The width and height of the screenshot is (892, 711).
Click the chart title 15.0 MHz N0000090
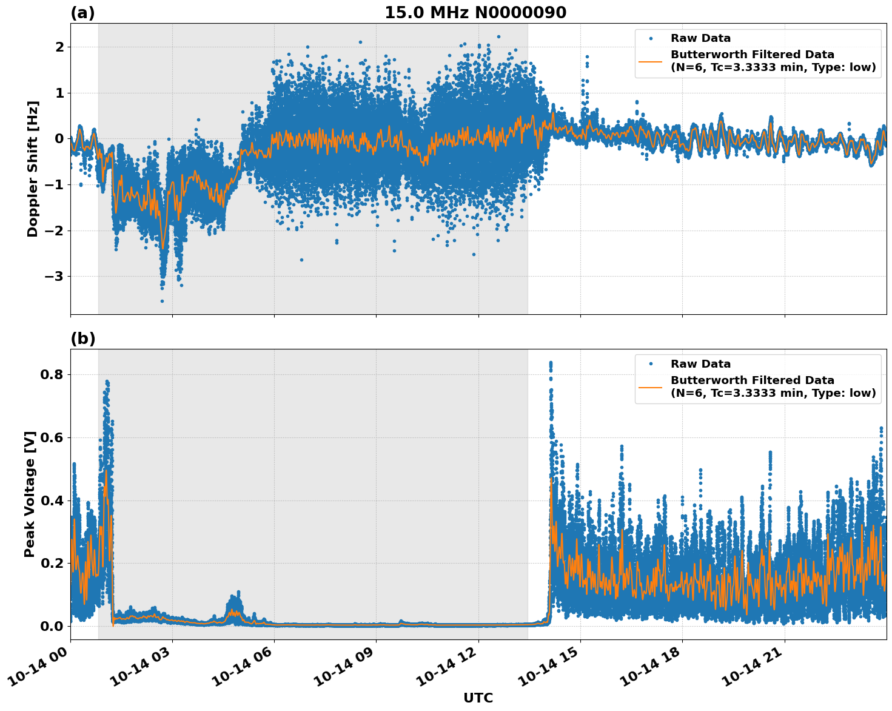475,13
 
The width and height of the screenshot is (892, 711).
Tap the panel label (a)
82,13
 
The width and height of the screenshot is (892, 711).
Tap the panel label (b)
82,339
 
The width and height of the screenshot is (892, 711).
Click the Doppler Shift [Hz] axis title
33,169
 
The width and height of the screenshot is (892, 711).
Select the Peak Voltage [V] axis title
30,494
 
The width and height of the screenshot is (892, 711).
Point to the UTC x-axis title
478,698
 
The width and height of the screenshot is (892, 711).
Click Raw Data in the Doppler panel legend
700,39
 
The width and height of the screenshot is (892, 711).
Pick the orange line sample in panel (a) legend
651,61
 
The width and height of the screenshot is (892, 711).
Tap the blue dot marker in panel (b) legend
651,364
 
